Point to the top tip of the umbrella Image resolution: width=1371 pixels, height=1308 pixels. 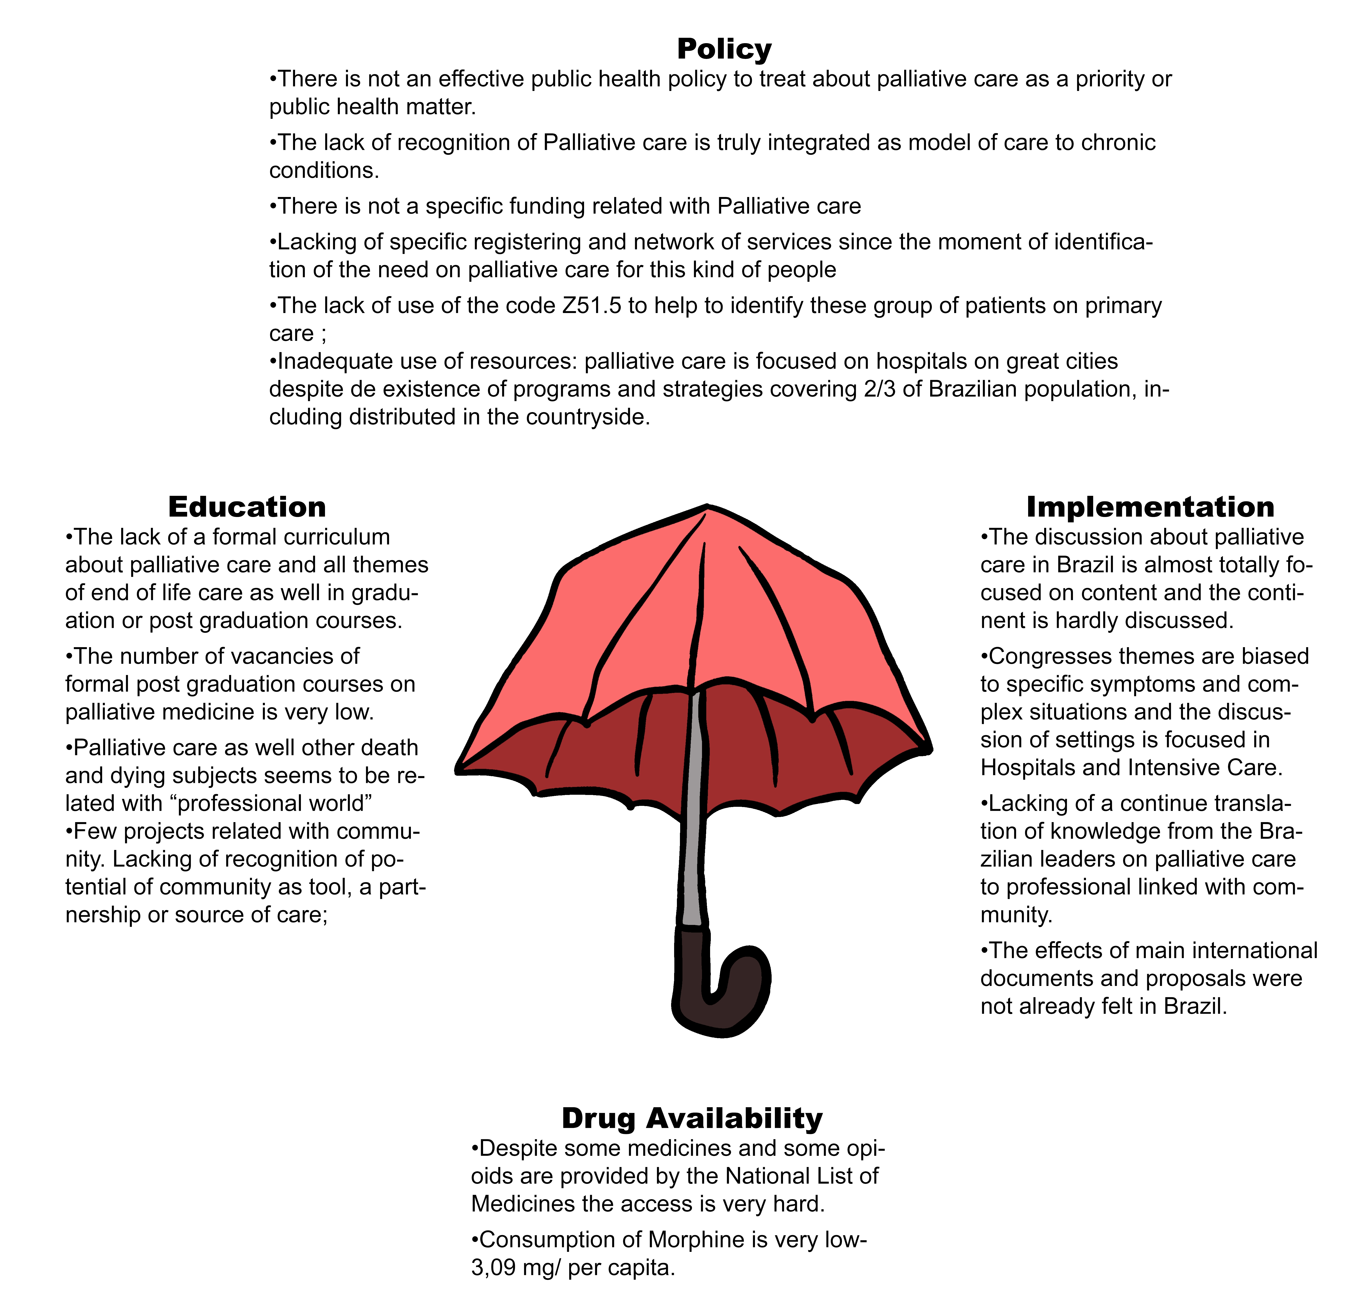(707, 507)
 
